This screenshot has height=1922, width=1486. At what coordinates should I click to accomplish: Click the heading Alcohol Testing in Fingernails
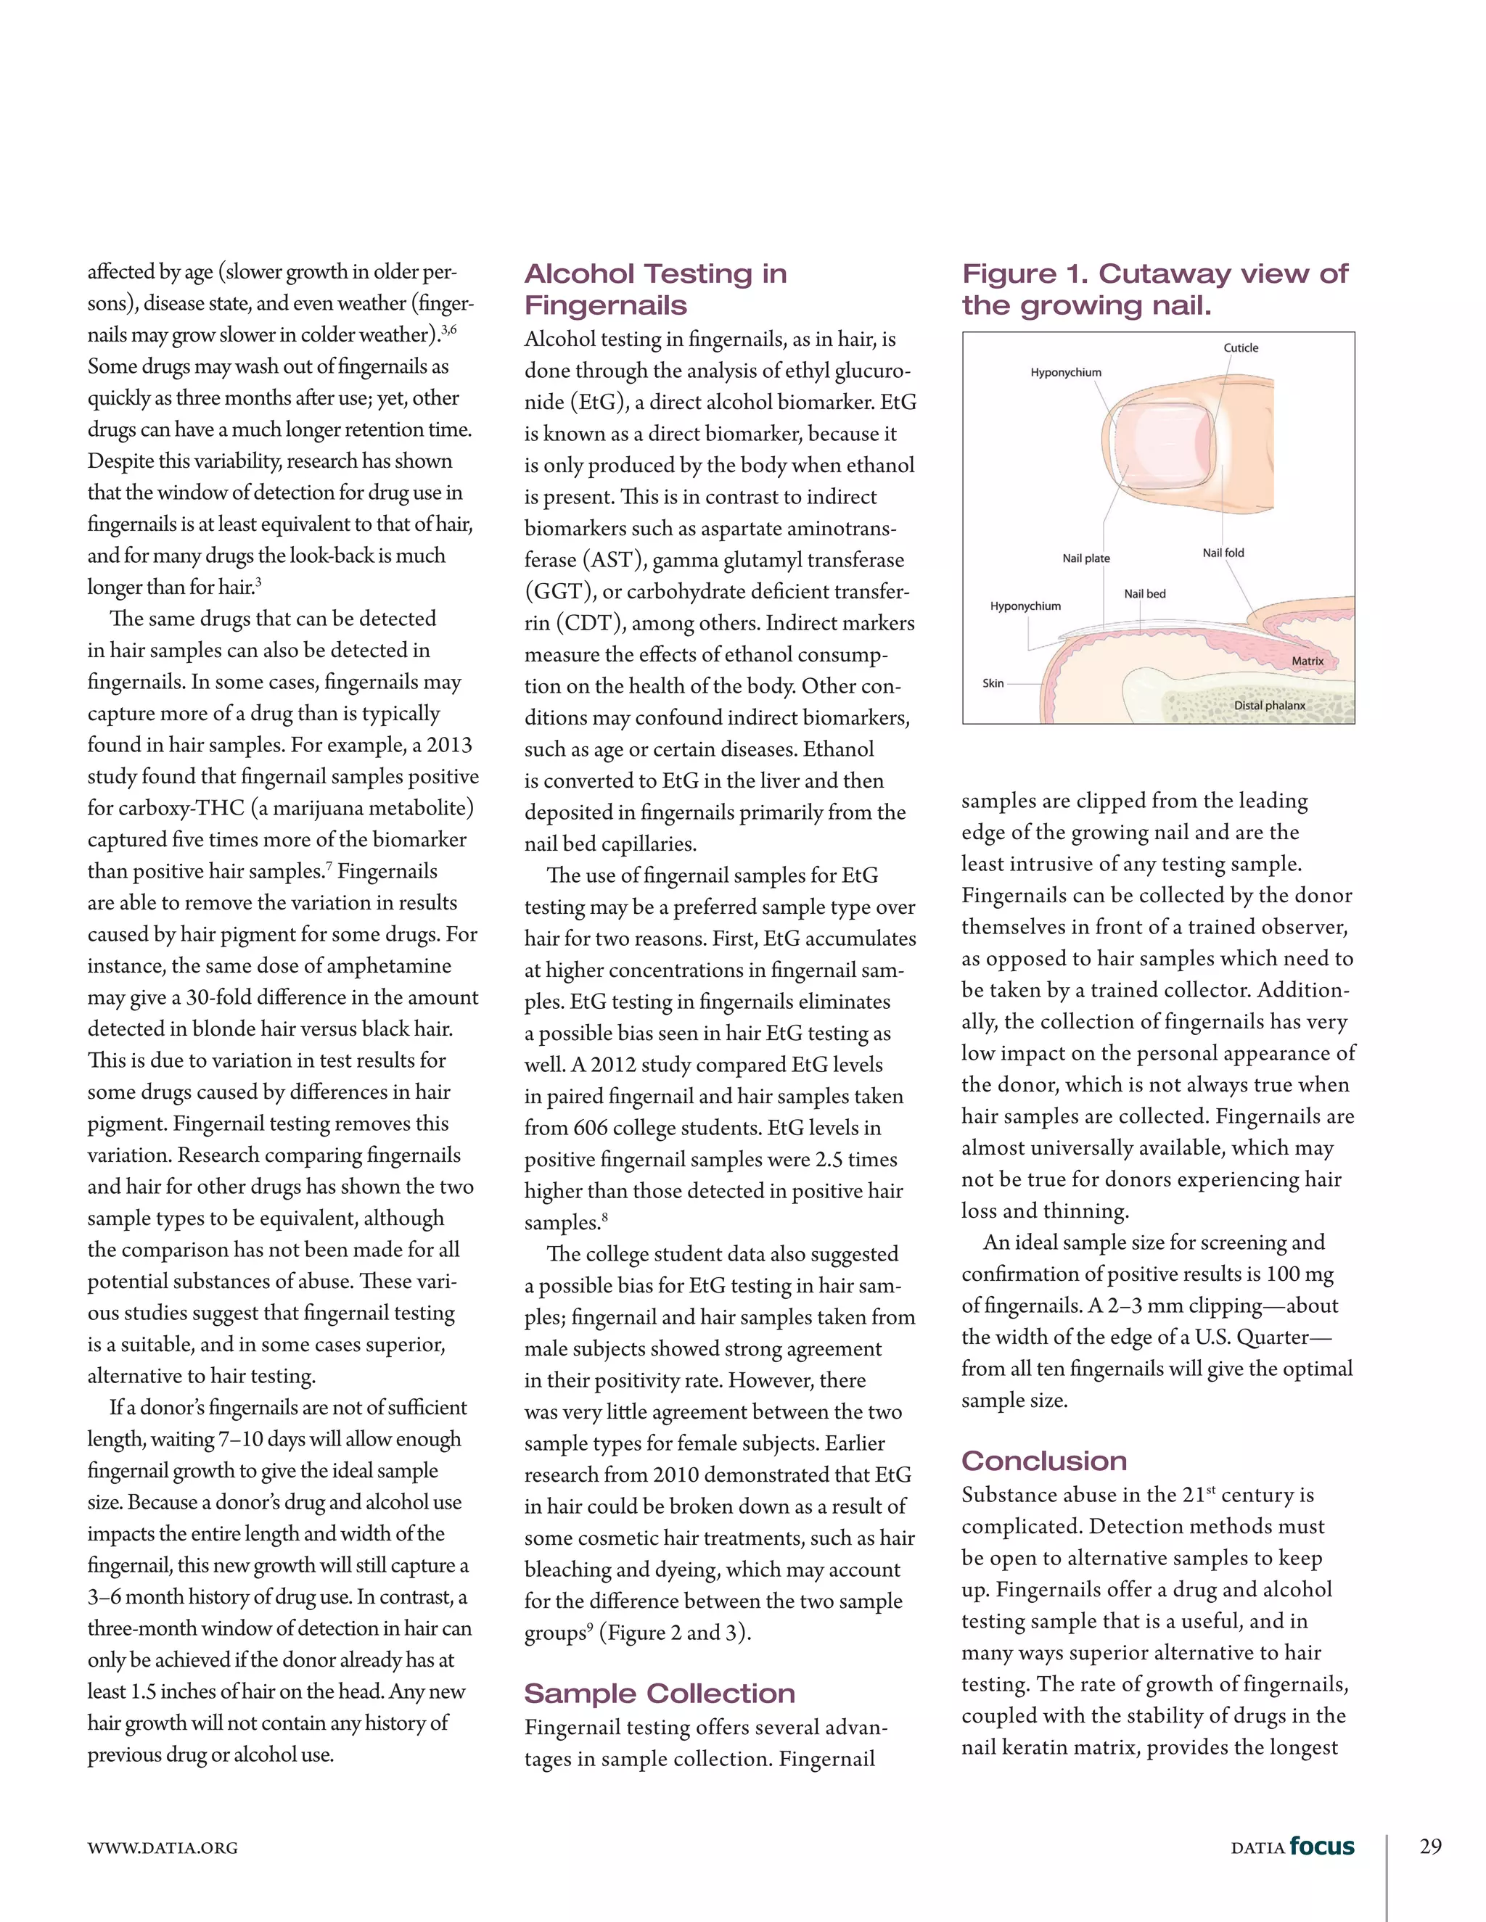point(655,289)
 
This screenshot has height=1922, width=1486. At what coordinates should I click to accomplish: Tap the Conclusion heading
point(1043,1460)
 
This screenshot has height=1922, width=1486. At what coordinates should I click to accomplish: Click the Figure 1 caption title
point(1154,289)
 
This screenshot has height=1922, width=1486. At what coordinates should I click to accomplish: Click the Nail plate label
point(1085,558)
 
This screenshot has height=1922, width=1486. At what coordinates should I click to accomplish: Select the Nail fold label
point(1223,553)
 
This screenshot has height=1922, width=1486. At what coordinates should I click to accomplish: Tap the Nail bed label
point(1144,593)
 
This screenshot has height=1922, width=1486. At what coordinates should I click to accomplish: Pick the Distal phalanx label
point(1270,705)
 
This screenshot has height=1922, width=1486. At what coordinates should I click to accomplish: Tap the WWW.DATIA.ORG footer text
point(162,1848)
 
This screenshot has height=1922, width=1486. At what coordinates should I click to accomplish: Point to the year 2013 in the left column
point(449,745)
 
